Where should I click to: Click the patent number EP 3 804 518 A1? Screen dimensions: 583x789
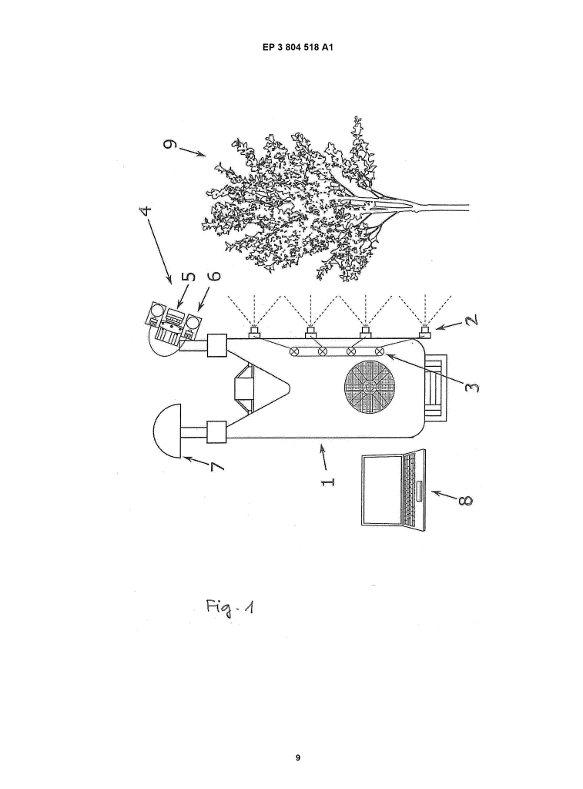297,47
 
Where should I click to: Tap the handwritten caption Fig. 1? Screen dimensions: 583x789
230,607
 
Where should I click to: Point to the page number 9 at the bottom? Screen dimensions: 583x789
298,757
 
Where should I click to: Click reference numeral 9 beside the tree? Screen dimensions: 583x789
171,145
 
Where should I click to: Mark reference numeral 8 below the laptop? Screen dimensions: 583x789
466,500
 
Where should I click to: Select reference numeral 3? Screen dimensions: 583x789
472,388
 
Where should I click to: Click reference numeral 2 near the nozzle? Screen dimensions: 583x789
471,320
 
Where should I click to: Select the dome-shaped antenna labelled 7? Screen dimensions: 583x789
167,430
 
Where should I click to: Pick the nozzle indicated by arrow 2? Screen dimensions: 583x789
426,331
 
